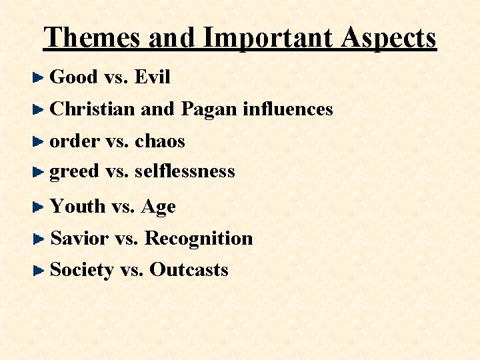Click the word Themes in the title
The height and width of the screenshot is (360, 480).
click(93, 38)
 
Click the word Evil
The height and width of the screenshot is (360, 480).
click(152, 77)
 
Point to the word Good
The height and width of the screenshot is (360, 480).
click(74, 77)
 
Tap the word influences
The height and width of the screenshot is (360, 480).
click(287, 109)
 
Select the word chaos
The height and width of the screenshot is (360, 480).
click(159, 141)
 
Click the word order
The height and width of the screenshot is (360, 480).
click(75, 141)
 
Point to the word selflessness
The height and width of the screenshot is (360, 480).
click(185, 171)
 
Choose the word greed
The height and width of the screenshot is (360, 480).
click(75, 171)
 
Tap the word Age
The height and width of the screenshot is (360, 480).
click(158, 207)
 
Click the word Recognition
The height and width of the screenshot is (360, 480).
click(199, 238)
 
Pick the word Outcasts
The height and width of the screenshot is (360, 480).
click(189, 269)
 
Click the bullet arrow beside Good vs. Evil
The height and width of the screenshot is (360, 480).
click(39, 78)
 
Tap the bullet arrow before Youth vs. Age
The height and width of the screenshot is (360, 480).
click(39, 207)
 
